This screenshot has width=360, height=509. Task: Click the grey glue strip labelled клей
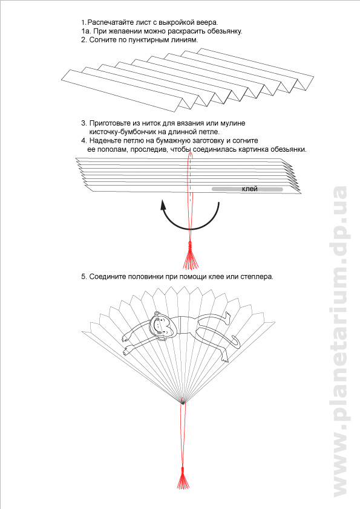tap(247, 189)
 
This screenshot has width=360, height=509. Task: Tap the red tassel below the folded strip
tap(191, 256)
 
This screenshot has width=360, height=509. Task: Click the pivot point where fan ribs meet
tap(183, 402)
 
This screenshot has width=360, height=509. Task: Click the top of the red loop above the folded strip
tap(190, 152)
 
